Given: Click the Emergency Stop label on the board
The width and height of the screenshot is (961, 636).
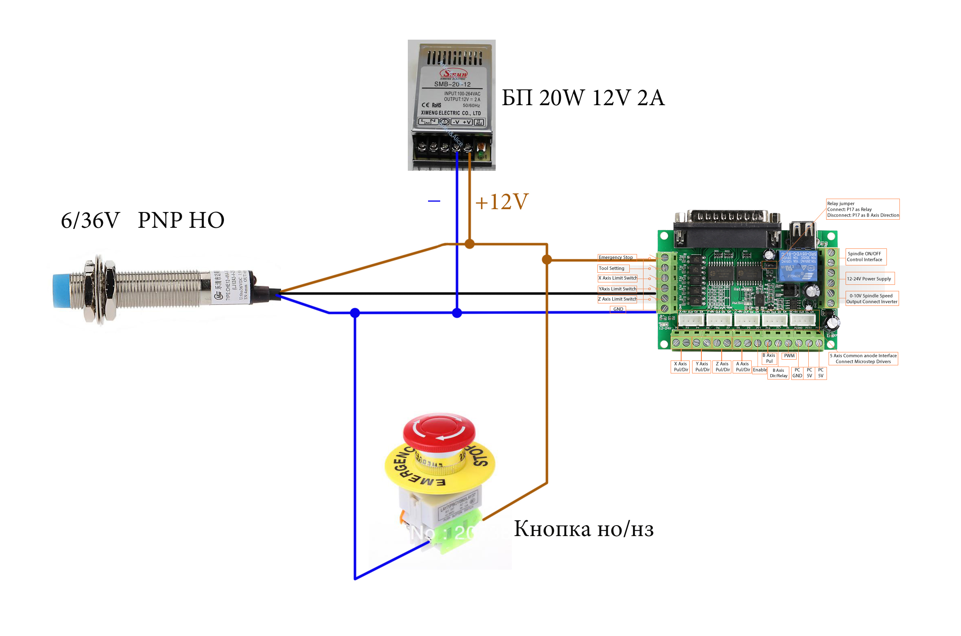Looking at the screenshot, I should (x=616, y=257).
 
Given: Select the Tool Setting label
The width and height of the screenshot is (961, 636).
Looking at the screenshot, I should (x=612, y=268).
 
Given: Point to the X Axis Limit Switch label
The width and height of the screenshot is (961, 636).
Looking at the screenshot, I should (x=617, y=278).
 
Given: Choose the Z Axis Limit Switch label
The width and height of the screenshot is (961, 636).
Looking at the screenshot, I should (x=617, y=299).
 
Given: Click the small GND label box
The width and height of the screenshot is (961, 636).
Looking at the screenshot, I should (x=618, y=309).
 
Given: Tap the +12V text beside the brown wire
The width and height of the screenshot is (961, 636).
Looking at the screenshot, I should (x=501, y=201).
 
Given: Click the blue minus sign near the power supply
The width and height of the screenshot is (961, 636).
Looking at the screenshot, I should (x=434, y=201).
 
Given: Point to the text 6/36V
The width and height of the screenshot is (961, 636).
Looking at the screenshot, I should (x=90, y=220).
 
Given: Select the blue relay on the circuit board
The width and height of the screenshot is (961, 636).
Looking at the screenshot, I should (x=797, y=265).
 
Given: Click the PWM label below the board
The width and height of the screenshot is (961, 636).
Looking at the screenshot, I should (x=789, y=356).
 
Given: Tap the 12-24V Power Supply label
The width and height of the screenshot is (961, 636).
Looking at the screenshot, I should (x=869, y=279).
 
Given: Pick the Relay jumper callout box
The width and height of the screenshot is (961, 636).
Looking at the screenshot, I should (x=862, y=209).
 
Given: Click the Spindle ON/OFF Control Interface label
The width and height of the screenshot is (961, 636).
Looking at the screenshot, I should (x=865, y=257).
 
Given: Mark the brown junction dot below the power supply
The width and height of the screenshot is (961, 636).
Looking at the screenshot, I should (x=469, y=244).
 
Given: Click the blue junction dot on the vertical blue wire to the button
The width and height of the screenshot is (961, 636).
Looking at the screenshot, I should (x=355, y=313).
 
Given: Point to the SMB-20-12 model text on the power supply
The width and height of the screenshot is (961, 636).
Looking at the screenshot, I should (x=452, y=85).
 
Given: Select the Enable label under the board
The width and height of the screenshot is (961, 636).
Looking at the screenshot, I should (x=759, y=370).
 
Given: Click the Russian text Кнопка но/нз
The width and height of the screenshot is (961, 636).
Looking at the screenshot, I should (x=584, y=529).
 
